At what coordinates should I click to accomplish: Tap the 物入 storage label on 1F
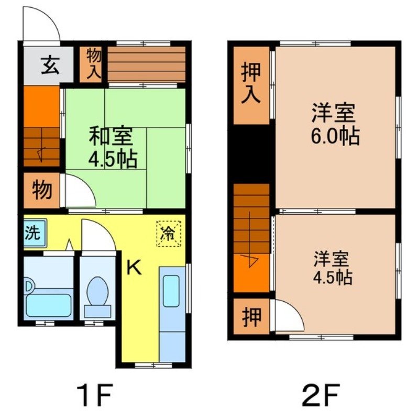point(93,64)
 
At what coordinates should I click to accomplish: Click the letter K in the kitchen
point(134,268)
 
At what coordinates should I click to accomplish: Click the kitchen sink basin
point(171,291)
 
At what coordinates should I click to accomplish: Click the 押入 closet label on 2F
point(251,85)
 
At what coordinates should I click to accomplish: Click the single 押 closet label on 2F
point(251,317)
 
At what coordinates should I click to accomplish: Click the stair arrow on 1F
point(41,153)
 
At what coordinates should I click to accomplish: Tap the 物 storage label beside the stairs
point(42,190)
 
